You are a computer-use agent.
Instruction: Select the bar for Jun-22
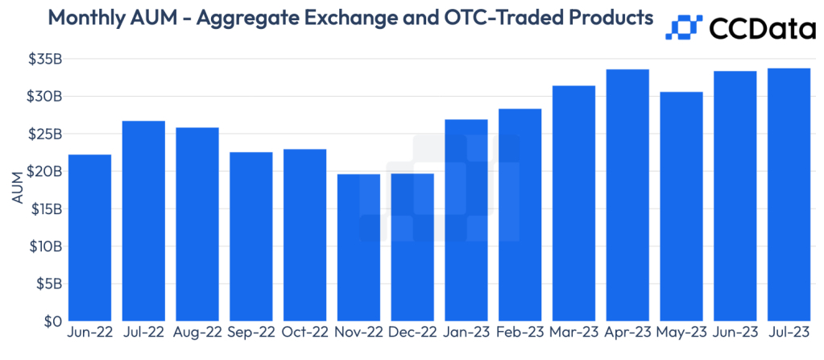(x=90, y=238)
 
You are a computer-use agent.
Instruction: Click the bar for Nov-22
(x=358, y=247)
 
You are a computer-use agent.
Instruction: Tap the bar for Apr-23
(x=627, y=195)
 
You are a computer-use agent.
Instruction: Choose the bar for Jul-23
(x=789, y=194)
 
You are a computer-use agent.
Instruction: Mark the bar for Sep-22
(x=251, y=236)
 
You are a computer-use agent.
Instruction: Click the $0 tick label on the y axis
(x=50, y=321)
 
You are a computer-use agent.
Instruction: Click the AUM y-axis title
(x=16, y=190)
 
